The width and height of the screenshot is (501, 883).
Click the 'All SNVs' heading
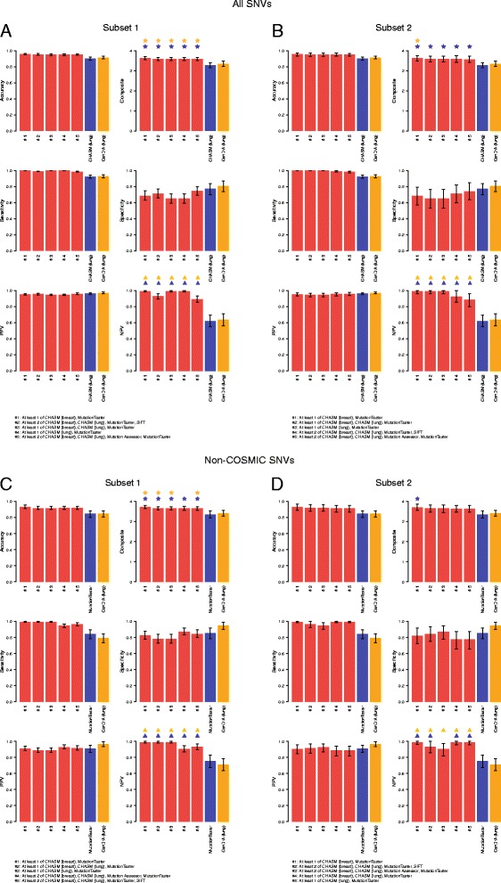point(250,5)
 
